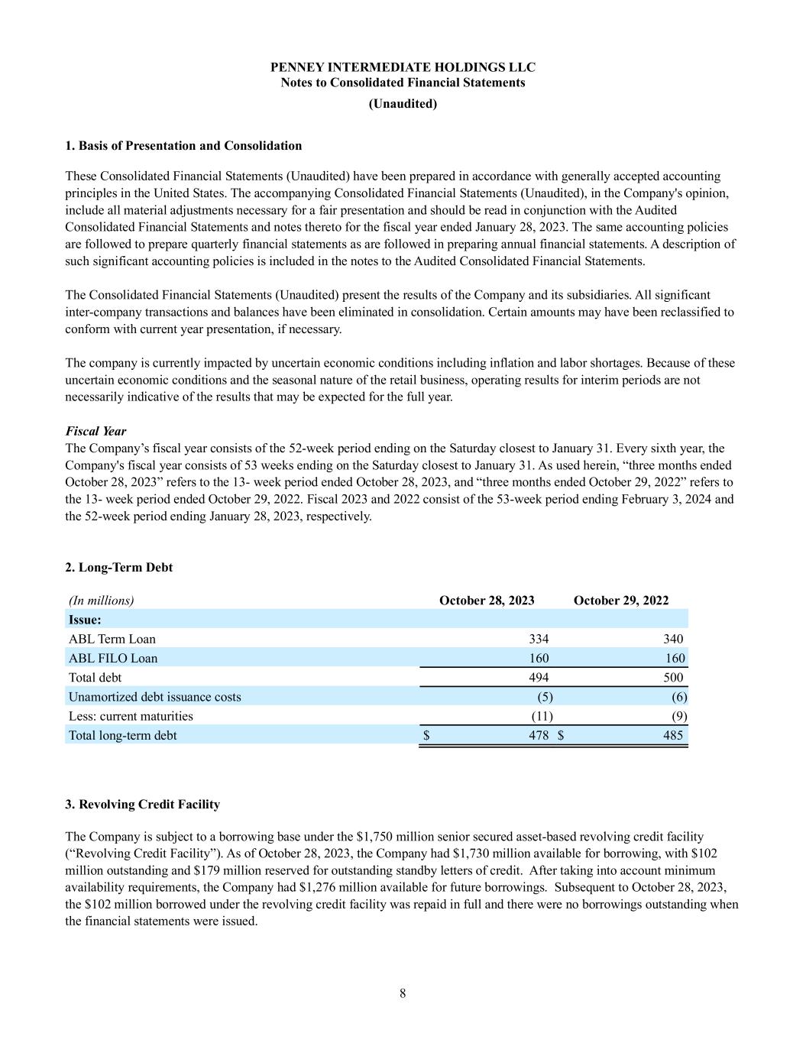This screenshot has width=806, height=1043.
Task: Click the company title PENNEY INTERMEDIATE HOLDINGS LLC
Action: click(403, 67)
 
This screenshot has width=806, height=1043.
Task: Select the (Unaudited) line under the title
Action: click(403, 104)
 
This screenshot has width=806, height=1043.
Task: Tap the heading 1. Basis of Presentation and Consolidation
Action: click(183, 146)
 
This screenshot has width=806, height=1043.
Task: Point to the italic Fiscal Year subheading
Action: click(96, 431)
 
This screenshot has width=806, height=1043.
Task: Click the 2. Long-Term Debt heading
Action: click(119, 568)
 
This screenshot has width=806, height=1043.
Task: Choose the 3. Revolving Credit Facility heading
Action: click(143, 805)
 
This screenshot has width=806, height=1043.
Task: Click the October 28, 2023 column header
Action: click(487, 601)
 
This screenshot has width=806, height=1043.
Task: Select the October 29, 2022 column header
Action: click(620, 601)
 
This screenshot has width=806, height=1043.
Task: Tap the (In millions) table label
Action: click(102, 601)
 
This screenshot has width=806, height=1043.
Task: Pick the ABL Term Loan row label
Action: click(112, 639)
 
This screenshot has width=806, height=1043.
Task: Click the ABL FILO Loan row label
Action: click(113, 659)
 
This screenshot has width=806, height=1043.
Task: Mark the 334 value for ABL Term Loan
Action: click(539, 639)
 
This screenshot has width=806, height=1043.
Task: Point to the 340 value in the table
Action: click(673, 639)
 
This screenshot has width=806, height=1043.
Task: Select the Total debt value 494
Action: click(539, 678)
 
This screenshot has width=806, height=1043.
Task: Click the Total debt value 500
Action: click(673, 678)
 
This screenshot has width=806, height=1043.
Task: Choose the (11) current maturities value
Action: click(542, 716)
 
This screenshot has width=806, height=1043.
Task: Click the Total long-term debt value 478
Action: click(539, 735)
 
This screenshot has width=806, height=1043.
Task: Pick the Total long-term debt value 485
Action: click(673, 735)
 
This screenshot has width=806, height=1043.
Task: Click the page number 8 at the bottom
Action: click(403, 993)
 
